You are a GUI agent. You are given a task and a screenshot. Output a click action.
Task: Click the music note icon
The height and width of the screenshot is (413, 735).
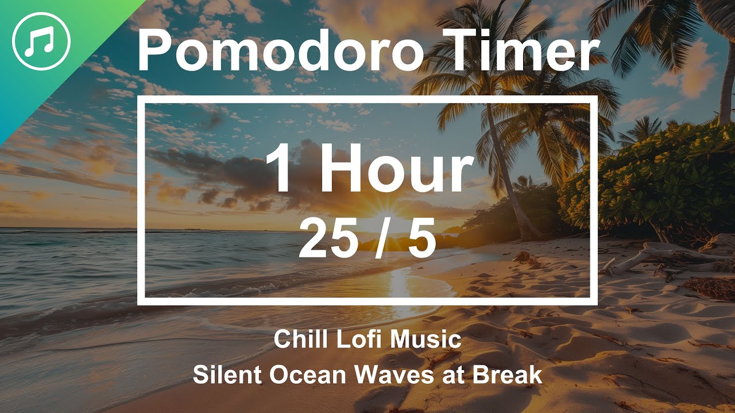coord(41,41)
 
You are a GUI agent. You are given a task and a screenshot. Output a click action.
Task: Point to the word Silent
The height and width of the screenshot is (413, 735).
coord(227,375)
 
